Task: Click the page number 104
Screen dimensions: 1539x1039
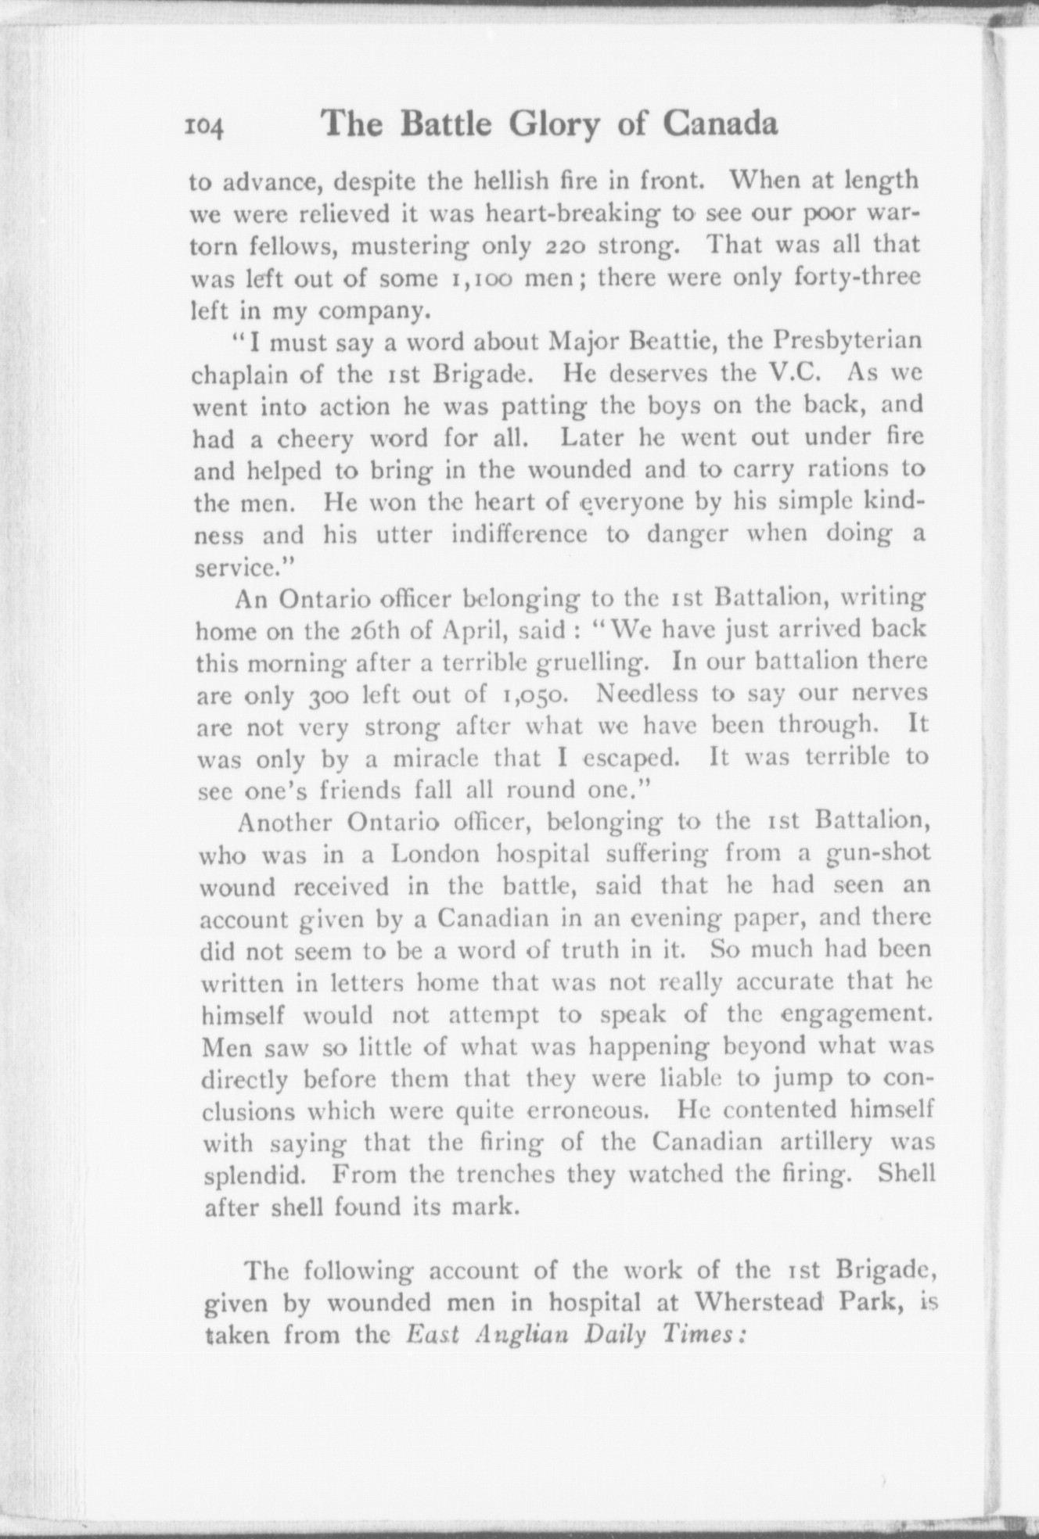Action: point(205,127)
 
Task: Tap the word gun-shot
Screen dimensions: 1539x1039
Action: point(879,854)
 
